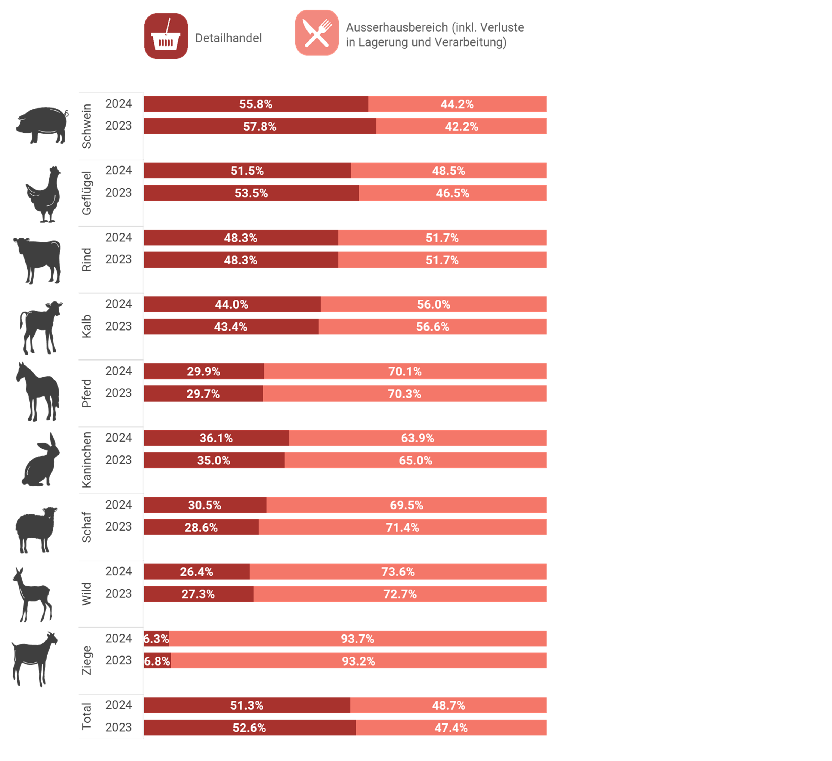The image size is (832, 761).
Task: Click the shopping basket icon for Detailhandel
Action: tap(166, 36)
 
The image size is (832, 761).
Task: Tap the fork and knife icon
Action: tap(317, 33)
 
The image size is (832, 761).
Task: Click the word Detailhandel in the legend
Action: tap(228, 38)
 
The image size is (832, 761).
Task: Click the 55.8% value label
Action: tap(256, 104)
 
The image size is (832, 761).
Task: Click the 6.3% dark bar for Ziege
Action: tap(156, 639)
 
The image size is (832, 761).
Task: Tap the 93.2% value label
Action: tap(358, 661)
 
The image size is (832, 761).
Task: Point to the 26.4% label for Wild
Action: tap(196, 571)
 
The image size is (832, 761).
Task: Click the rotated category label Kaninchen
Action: tap(86, 460)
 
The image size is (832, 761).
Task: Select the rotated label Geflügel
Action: tap(86, 193)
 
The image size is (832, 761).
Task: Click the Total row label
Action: tap(86, 716)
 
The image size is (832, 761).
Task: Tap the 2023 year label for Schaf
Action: tap(119, 526)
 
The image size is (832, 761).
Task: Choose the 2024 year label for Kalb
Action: tap(119, 304)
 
